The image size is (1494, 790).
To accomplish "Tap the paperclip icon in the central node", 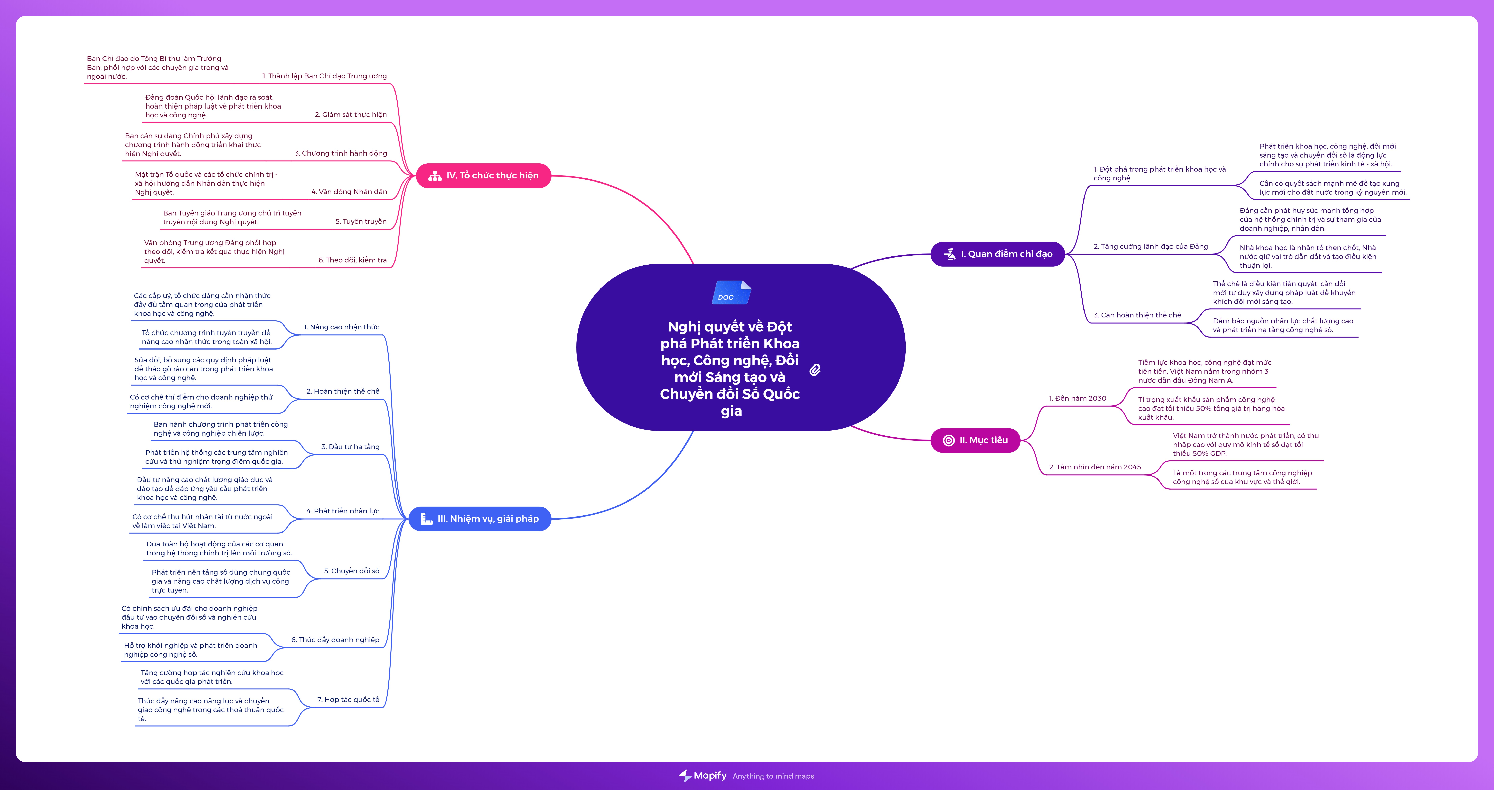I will pos(815,370).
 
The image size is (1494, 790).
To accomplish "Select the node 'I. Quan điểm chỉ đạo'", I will pos(998,254).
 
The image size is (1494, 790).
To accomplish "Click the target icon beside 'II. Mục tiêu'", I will pos(949,440).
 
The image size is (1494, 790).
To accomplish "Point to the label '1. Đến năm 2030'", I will pos(1078,398).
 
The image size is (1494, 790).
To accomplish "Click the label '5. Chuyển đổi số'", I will pos(351,571).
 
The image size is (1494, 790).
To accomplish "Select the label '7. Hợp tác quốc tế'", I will pos(348,700).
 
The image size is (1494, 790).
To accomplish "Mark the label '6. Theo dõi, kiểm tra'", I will pos(352,260).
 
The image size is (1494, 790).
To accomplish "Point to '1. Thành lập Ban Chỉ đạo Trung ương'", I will pos(324,76).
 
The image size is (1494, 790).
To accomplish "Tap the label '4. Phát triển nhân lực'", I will pos(343,511).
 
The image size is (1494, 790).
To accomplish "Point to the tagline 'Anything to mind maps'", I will pos(773,776).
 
